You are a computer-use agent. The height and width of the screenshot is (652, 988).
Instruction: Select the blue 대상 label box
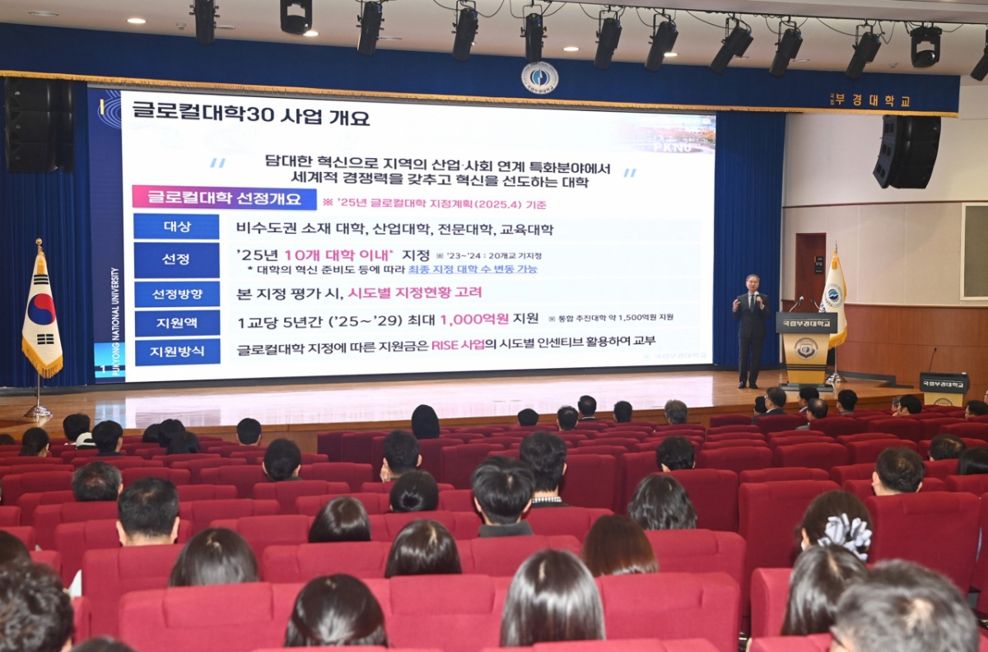point(176,227)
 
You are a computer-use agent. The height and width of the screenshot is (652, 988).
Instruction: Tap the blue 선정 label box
point(176,259)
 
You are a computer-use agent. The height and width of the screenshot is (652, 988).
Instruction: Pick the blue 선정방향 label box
point(176,293)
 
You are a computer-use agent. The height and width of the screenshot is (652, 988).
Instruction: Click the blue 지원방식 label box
point(176,352)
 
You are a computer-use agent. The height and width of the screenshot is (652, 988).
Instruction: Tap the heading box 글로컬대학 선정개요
point(224,198)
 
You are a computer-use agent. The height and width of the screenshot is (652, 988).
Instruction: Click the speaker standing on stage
point(751,329)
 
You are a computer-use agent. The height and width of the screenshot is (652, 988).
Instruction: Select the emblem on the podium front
point(805,348)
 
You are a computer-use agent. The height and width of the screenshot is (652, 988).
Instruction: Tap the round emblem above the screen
point(539,77)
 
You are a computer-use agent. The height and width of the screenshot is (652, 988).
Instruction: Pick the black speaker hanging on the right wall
point(906,151)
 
